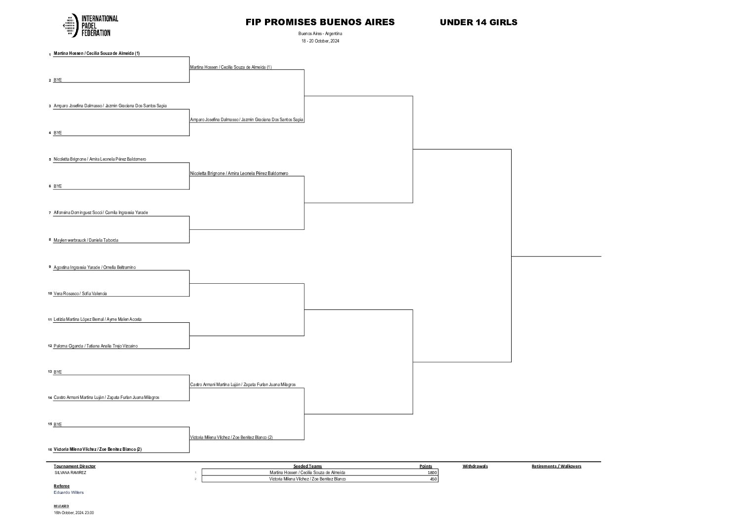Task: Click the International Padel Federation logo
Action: click(90, 26)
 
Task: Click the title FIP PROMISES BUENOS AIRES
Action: click(320, 22)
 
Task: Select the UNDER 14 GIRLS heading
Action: click(478, 22)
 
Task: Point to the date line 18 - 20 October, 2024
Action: click(320, 41)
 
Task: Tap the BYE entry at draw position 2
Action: click(58, 80)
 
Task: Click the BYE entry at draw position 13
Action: click(58, 372)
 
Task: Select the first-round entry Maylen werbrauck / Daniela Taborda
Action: click(86, 240)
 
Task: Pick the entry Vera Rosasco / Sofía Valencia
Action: click(80, 294)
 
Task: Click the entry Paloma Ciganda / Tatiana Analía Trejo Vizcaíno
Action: click(95, 346)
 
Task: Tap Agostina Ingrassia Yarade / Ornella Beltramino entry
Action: click(94, 267)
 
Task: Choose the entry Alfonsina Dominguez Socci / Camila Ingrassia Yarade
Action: click(100, 213)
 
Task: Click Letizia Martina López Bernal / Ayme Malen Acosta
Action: click(97, 319)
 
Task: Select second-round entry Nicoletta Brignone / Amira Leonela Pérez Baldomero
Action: click(239, 174)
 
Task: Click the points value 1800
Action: click(432, 473)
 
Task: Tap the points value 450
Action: click(434, 479)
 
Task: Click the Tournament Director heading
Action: click(75, 466)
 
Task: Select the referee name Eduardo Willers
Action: click(69, 492)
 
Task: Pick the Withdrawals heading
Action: click(475, 466)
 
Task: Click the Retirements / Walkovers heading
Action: click(556, 466)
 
